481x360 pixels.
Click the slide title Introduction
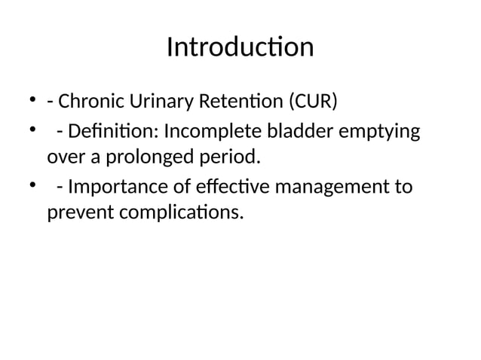click(240, 47)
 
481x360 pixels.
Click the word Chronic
click(87, 102)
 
